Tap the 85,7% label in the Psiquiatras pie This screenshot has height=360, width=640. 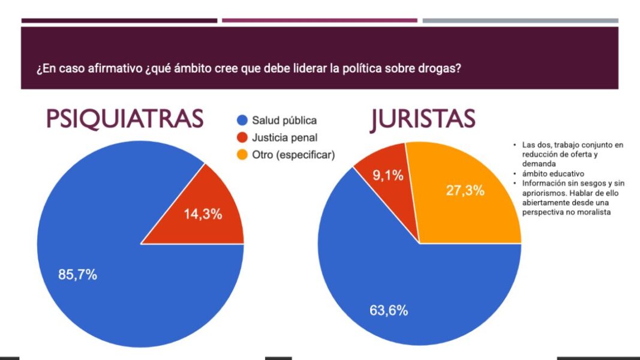click(x=77, y=275)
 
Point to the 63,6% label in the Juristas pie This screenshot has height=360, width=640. click(x=388, y=310)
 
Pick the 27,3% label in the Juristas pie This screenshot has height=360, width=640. click(x=465, y=191)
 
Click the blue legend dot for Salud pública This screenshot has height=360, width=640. click(x=242, y=121)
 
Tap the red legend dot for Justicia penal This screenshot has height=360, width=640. click(x=242, y=137)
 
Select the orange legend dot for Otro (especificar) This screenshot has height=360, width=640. click(x=242, y=155)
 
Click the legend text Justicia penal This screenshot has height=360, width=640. click(x=285, y=137)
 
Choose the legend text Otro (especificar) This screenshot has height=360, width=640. click(x=293, y=155)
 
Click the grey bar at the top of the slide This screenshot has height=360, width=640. click(x=520, y=20)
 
